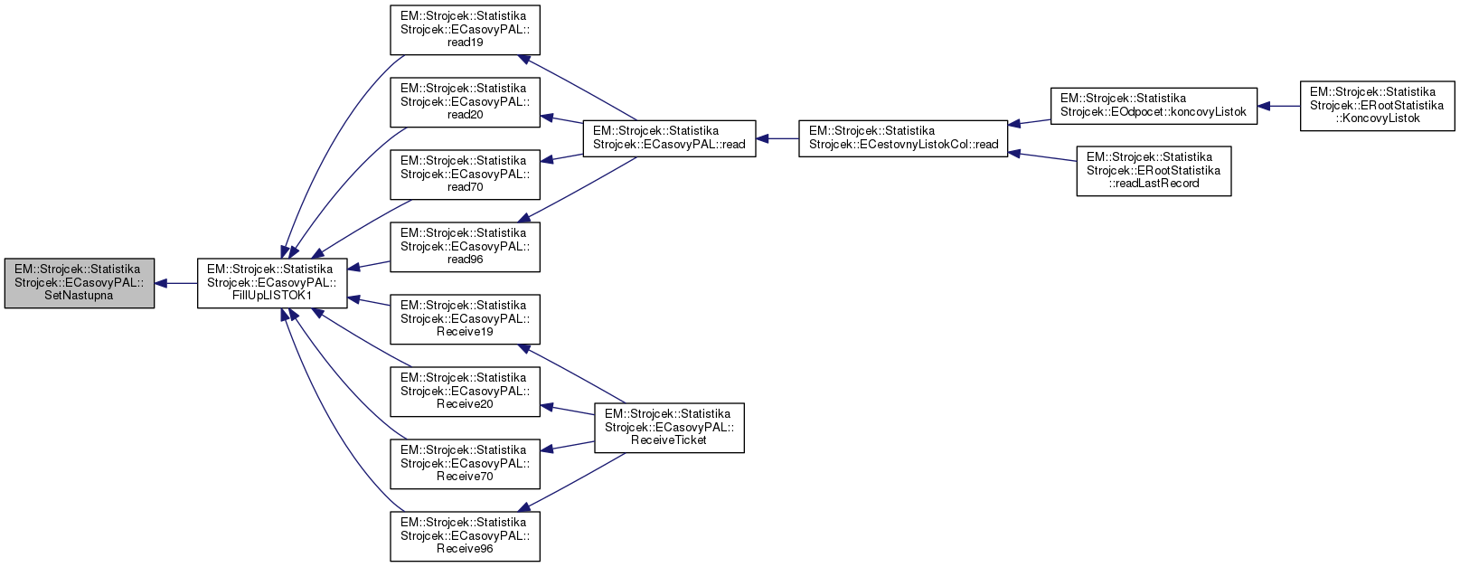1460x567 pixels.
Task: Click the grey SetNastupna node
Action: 79,283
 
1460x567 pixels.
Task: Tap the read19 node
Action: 465,30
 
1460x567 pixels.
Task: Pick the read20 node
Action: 465,102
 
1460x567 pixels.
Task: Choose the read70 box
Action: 465,175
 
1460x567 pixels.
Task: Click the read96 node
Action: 465,247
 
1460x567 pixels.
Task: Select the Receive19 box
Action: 465,319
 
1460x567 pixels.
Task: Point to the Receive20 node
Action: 465,392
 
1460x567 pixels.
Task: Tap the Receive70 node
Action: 465,464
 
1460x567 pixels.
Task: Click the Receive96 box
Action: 465,536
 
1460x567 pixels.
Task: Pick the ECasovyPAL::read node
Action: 669,138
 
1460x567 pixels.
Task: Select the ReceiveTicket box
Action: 669,428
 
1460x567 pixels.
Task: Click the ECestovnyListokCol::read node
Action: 903,138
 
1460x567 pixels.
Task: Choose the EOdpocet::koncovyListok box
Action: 1154,106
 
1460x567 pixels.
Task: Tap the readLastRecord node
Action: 1154,171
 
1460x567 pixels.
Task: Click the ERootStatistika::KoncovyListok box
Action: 1377,106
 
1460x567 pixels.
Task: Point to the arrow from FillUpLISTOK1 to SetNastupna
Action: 176,283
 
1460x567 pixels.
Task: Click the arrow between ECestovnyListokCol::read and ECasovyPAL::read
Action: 777,138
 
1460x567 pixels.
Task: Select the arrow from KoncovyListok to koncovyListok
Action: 1278,106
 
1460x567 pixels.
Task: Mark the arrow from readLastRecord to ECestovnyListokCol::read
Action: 1041,156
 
